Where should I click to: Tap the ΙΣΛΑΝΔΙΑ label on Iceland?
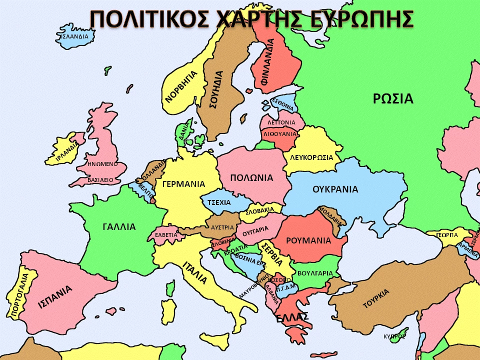74,36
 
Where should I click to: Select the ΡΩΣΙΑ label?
393,98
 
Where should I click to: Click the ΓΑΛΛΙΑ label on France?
119,226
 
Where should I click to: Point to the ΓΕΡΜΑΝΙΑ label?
183,183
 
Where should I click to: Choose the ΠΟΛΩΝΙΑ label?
251,177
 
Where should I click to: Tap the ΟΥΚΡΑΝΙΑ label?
335,189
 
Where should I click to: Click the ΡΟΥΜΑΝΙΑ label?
308,240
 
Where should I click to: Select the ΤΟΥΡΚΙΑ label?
376,298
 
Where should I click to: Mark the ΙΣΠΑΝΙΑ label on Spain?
55,296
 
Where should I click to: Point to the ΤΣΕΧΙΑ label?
219,202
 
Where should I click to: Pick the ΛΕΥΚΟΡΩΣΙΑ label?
311,157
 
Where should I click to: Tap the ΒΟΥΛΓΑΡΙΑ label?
314,273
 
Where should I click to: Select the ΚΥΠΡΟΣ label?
394,336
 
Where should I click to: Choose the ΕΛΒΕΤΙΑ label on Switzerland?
166,234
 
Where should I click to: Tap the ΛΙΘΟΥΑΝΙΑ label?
280,134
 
